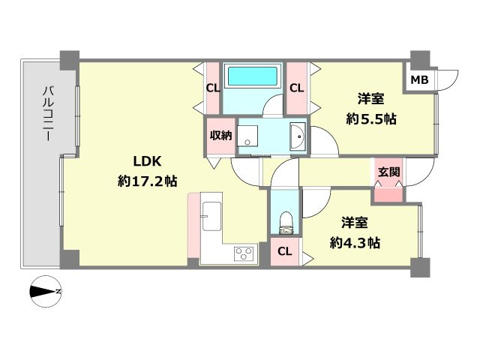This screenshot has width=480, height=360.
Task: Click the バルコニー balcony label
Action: click(48, 114)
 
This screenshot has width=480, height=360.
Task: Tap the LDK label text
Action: click(147, 161)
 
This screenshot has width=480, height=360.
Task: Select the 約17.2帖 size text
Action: click(147, 181)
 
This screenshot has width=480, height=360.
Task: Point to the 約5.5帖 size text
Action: click(371, 118)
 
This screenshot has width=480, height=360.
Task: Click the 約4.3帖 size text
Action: click(355, 243)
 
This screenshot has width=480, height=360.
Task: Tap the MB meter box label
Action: click(419, 80)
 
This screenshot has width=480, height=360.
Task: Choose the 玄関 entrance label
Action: click(388, 172)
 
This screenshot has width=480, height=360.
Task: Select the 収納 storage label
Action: click(220, 135)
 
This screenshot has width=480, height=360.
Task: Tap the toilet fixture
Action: click(286, 223)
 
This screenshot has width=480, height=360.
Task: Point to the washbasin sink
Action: click(298, 136)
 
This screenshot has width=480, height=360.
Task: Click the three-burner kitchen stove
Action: click(244, 253)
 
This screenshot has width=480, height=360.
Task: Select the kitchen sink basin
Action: click(211, 216)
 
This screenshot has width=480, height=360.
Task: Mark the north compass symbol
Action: click(46, 292)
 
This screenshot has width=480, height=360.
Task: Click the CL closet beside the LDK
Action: click(213, 88)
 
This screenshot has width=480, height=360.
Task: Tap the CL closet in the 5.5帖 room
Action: click(297, 88)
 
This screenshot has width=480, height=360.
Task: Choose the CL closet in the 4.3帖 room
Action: click(285, 252)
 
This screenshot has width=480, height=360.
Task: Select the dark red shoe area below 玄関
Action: click(388, 195)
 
